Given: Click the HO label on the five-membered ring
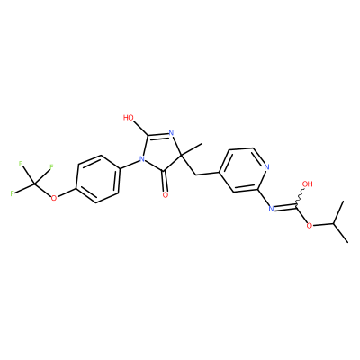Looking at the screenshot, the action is pyautogui.click(x=128, y=117).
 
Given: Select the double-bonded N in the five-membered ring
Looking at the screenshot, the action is pyautogui.click(x=172, y=132).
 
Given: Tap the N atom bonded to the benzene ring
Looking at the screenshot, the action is pyautogui.click(x=139, y=158).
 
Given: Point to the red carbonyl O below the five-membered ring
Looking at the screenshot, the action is pyautogui.click(x=166, y=195).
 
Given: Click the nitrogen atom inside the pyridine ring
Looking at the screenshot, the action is pyautogui.click(x=267, y=166).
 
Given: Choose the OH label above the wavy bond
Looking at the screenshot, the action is pyautogui.click(x=307, y=184).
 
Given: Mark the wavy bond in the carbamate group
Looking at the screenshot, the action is pyautogui.click(x=300, y=198).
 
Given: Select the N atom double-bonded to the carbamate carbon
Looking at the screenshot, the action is pyautogui.click(x=271, y=208).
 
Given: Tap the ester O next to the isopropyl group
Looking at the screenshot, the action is pyautogui.click(x=310, y=225).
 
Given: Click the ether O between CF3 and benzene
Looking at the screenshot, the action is pyautogui.click(x=54, y=198).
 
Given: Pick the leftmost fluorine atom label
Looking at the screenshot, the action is pyautogui.click(x=12, y=193).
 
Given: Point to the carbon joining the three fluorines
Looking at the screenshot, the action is pyautogui.click(x=36, y=184).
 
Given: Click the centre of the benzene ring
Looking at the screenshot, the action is pyautogui.click(x=98, y=179).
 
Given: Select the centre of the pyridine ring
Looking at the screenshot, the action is pyautogui.click(x=241, y=169).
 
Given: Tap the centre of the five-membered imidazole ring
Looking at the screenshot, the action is pyautogui.click(x=159, y=153).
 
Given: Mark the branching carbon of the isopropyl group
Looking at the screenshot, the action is pyautogui.click(x=333, y=224).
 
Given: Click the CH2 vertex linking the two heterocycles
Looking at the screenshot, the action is pyautogui.click(x=195, y=175).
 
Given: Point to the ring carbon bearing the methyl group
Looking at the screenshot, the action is pyautogui.click(x=181, y=156).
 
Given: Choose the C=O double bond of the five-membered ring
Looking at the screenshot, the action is pyautogui.click(x=165, y=182).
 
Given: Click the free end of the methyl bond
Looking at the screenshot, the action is pyautogui.click(x=202, y=144).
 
